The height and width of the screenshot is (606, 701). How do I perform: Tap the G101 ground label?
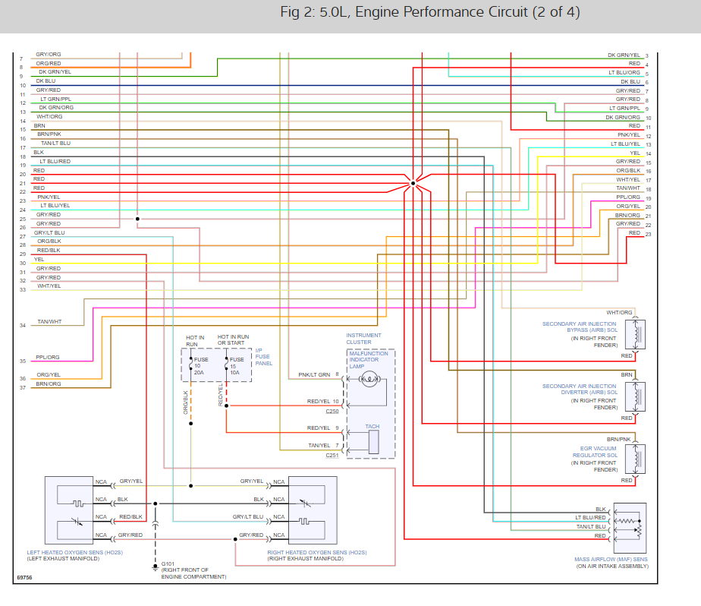point(168,564)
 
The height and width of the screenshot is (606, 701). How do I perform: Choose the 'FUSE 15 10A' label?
point(237,366)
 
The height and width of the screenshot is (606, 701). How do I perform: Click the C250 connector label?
point(332,412)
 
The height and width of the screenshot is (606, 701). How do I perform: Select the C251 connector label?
point(332,456)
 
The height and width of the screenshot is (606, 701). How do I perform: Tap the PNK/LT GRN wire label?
point(313,375)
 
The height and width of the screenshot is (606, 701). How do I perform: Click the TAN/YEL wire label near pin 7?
point(319,445)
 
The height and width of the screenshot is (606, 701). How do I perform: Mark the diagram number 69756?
point(24,578)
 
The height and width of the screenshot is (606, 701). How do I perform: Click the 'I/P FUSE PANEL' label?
point(263,357)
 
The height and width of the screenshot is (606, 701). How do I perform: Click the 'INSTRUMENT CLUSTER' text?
point(363,339)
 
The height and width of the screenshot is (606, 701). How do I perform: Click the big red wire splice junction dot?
point(413,183)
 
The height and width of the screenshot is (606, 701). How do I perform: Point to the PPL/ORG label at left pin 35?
point(48,357)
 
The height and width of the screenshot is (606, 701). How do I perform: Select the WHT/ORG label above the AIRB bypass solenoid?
point(619,313)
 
